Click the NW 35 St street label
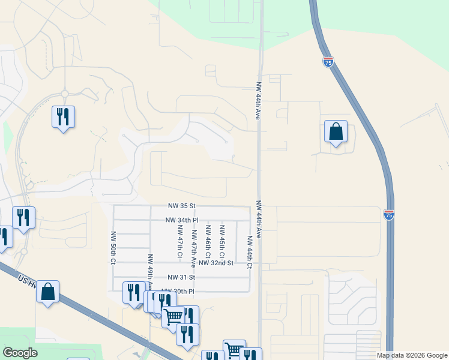(183, 205)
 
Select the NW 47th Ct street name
(179, 241)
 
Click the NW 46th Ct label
(208, 241)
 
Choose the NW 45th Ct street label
(222, 241)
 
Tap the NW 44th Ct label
(249, 248)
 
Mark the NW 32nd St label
(216, 263)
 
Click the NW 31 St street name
(182, 277)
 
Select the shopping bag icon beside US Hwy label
(47, 292)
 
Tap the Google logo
(20, 353)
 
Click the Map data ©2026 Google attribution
(411, 355)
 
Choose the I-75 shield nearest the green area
(328, 62)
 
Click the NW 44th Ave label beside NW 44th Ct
(258, 220)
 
